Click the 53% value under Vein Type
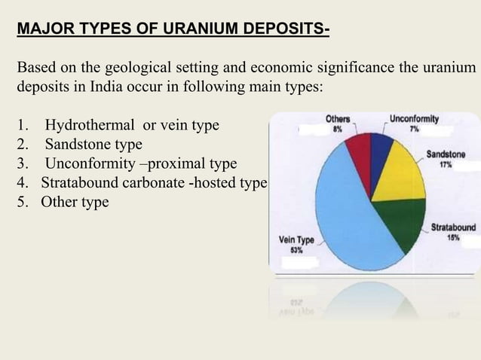click(290, 250)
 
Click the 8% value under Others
click(339, 129)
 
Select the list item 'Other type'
click(75, 203)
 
